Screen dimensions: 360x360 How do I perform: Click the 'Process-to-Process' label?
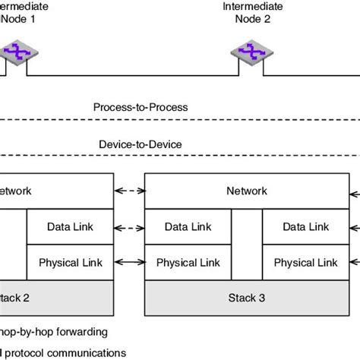(141, 108)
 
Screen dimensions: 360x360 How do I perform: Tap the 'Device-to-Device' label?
(141, 144)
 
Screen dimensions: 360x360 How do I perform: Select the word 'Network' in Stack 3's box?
(247, 191)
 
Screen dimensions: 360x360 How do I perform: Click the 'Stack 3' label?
(247, 298)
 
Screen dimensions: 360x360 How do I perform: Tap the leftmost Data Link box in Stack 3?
(188, 227)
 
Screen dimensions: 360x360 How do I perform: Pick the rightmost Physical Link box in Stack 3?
(305, 263)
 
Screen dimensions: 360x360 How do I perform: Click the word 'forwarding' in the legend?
(81, 331)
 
